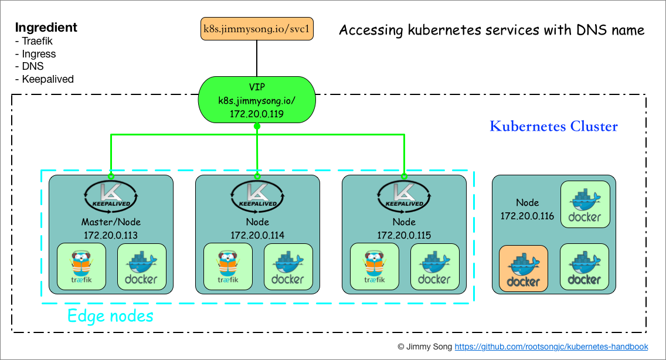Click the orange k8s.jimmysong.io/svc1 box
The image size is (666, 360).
(257, 29)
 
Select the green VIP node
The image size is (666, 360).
(257, 100)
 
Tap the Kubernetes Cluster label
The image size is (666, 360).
(553, 126)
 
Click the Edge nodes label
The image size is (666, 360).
(110, 315)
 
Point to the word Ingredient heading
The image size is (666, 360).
(46, 28)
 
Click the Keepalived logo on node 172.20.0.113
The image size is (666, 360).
(111, 195)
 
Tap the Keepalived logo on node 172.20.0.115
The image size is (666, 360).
(404, 195)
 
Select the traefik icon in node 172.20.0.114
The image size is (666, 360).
(228, 267)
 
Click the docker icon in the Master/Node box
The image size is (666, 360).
(142, 267)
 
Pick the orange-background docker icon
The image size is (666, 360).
(524, 269)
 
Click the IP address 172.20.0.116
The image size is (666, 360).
(527, 216)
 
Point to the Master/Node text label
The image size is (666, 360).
(111, 222)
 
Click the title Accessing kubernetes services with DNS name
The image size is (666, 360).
(492, 30)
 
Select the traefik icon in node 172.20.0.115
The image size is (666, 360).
(375, 267)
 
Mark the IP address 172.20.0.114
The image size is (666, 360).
(257, 235)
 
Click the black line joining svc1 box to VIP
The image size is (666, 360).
(257, 59)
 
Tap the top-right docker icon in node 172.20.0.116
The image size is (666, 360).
(585, 205)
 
